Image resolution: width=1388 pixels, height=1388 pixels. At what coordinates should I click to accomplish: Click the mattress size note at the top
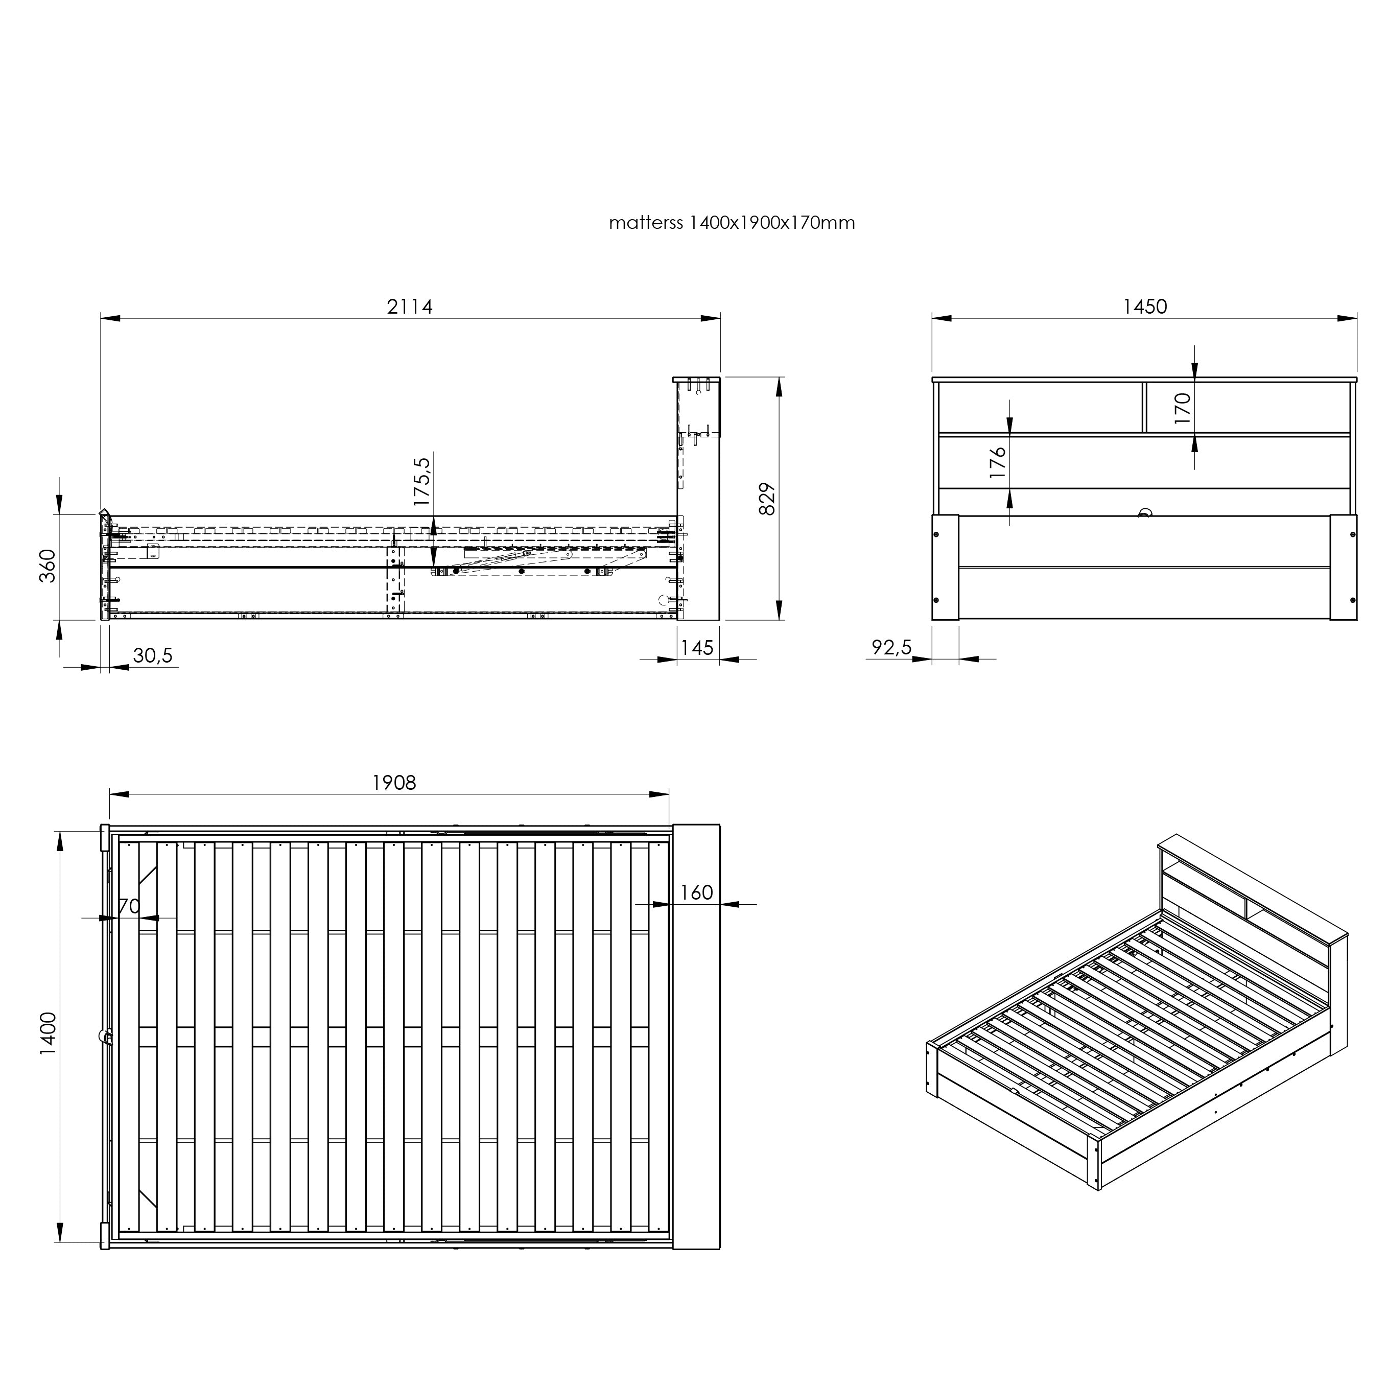point(732,223)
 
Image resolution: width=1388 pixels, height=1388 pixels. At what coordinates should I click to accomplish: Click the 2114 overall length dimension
point(410,306)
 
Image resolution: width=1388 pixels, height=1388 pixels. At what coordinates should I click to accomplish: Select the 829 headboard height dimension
point(767,499)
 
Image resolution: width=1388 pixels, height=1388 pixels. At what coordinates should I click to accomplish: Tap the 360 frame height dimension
point(48,566)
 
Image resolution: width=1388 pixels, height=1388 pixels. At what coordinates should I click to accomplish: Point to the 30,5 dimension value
point(153,655)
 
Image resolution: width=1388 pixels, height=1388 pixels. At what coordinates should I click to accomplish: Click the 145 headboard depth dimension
point(697,648)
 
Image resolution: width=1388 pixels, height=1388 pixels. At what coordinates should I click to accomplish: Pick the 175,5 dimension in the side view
point(422,482)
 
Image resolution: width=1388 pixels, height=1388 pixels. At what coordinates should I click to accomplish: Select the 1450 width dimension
point(1145,306)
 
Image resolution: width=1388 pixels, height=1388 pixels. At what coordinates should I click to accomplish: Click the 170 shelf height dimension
point(1183,408)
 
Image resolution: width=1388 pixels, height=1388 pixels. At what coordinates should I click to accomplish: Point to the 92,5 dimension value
point(891,648)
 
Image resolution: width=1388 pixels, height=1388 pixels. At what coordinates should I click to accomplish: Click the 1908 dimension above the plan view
point(394,782)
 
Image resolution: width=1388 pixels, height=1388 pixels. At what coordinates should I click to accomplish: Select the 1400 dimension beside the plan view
point(48,1034)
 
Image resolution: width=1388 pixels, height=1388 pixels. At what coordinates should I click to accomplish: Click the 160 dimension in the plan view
point(696,892)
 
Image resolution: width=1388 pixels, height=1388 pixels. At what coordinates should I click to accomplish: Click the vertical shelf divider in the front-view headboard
point(1143,407)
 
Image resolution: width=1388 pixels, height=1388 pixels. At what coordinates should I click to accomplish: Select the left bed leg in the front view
point(946,567)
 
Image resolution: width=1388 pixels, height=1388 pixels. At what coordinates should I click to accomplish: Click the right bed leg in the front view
point(1344,567)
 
